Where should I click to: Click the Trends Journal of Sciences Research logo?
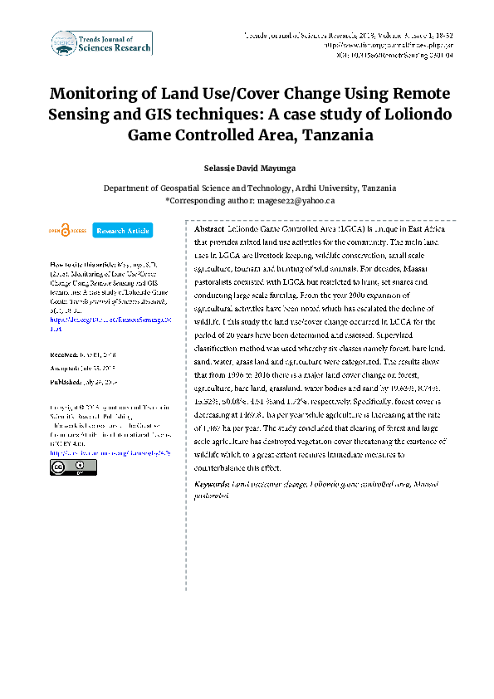(x=100, y=43)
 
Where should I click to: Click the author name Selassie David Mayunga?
(x=247, y=169)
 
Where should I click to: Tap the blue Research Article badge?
(x=122, y=230)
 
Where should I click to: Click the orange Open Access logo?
(x=66, y=230)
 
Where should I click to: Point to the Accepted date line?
(x=86, y=368)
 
